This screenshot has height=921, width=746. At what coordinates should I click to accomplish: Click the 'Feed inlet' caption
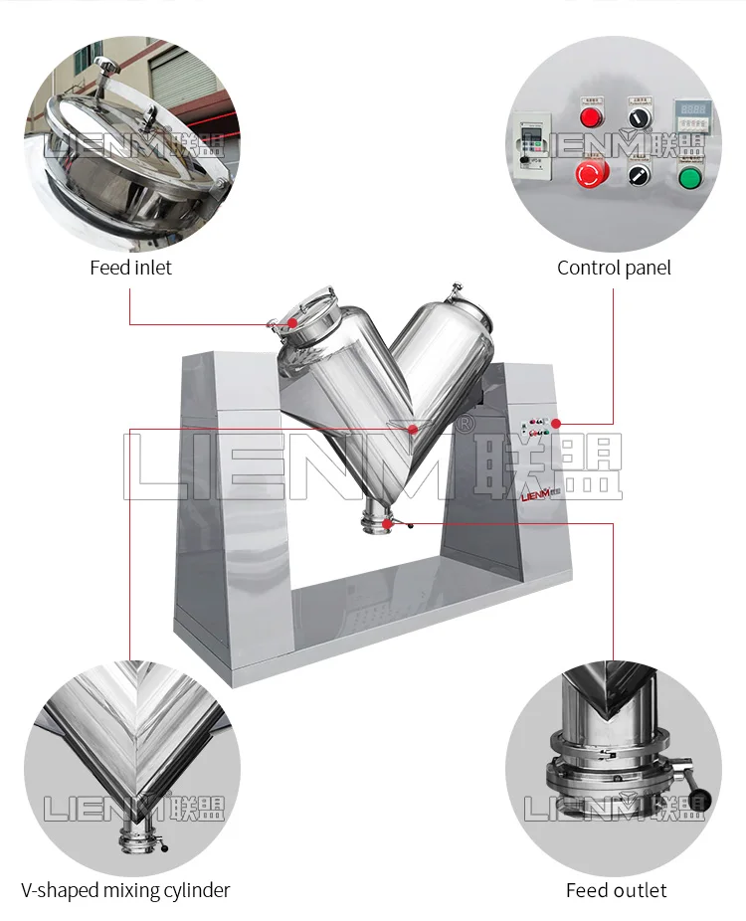click(x=130, y=268)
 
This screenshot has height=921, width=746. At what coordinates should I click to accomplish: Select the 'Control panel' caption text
click(x=614, y=268)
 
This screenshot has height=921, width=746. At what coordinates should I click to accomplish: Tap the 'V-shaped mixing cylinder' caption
click(x=125, y=890)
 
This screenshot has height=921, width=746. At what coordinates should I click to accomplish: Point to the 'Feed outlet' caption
click(x=616, y=890)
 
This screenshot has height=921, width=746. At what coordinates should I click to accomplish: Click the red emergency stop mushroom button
click(x=592, y=174)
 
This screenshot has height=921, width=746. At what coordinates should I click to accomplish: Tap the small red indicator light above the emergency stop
click(x=592, y=117)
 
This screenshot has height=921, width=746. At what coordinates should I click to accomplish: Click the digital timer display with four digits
click(x=693, y=110)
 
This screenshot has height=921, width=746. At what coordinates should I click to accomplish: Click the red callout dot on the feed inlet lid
click(x=292, y=322)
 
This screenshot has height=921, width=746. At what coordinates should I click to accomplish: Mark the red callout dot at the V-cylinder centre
click(x=413, y=429)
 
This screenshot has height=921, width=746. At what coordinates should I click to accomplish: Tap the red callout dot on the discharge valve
click(x=412, y=522)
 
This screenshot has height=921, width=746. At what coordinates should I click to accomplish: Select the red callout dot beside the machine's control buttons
click(x=556, y=424)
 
